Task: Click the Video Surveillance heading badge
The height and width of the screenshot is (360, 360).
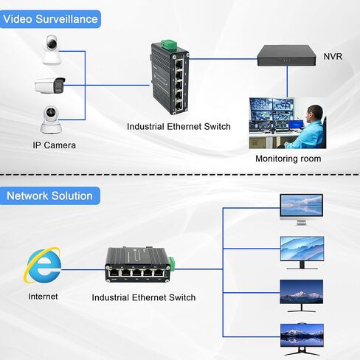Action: [x=50, y=19]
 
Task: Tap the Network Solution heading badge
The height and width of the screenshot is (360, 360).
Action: [x=50, y=195]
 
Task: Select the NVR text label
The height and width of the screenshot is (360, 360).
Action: [x=333, y=57]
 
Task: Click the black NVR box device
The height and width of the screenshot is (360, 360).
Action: [x=286, y=55]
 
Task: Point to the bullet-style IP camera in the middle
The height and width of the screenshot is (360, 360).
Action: [x=50, y=86]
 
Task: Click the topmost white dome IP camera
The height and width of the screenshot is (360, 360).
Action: [x=52, y=50]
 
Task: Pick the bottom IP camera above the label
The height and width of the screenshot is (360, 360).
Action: [x=51, y=120]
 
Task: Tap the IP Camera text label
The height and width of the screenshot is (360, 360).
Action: [x=55, y=145]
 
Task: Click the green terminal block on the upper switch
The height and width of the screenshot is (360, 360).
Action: [x=169, y=44]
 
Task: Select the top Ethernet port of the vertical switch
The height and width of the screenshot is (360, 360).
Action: [x=179, y=64]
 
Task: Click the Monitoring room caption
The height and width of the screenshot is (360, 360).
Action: [x=288, y=159]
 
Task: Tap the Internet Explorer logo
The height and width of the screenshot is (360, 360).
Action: [x=43, y=266]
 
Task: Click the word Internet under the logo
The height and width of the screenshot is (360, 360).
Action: [x=43, y=297]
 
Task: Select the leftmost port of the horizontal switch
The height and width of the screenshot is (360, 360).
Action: [x=114, y=272]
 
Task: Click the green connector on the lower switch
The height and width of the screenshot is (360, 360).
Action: [x=172, y=263]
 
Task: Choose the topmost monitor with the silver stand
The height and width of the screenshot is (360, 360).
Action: [x=302, y=210]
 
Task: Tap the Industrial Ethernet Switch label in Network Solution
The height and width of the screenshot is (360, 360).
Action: [x=144, y=297]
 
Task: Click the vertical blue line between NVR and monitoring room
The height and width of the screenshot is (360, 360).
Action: [x=287, y=81]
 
